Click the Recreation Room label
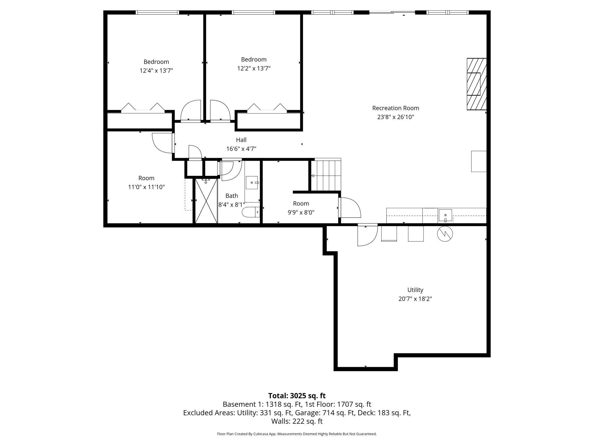coord(396,108)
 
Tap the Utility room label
coord(415,290)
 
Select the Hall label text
coord(241,140)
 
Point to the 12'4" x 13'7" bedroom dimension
coord(156,71)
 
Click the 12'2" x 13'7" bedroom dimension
coord(254,68)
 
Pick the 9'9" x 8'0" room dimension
coord(301,212)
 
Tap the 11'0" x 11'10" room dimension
coord(147,187)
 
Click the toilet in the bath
coord(251,212)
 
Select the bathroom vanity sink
coord(252,182)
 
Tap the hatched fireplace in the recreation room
coord(477,84)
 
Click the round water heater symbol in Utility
coord(445,234)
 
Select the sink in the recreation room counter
coord(445,215)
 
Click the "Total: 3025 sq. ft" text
coord(297,396)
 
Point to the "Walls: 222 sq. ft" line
coord(297,421)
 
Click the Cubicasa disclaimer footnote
coord(297,434)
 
